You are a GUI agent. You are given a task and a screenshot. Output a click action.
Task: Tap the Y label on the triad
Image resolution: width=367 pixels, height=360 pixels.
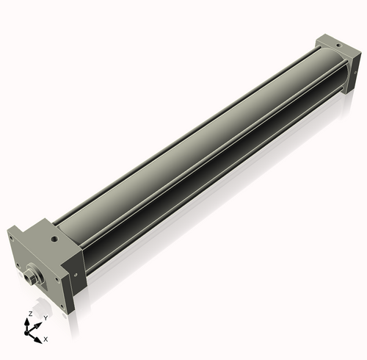point(46,317)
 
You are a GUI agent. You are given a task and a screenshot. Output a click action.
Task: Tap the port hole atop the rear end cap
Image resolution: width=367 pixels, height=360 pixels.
point(337,45)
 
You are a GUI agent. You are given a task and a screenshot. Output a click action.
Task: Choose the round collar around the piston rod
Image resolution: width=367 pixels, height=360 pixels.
point(38,275)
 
